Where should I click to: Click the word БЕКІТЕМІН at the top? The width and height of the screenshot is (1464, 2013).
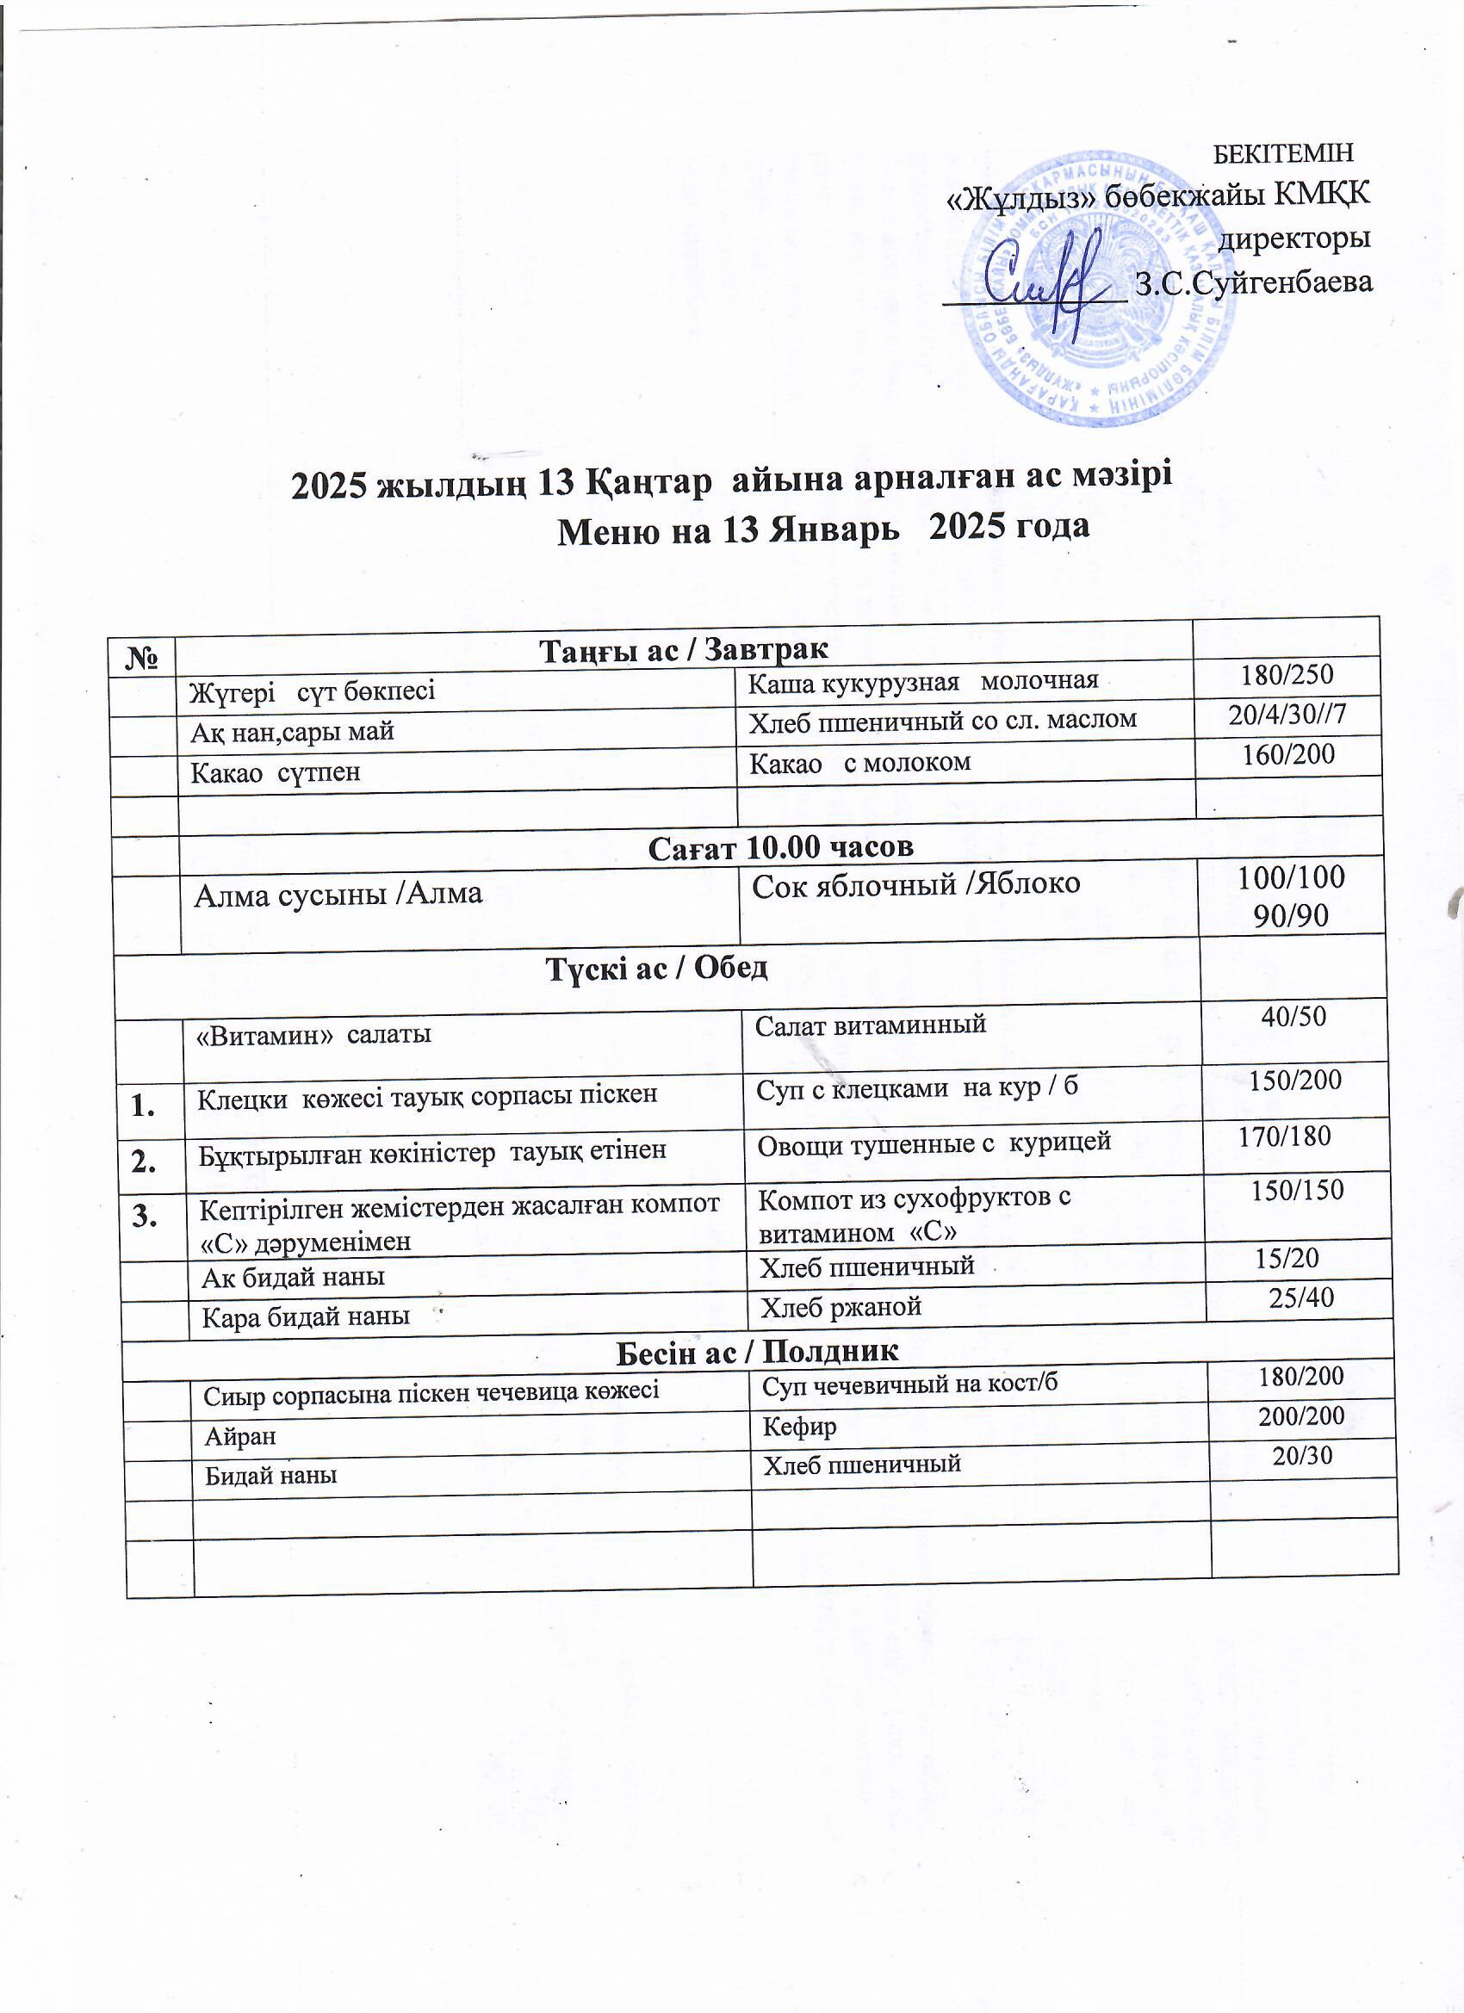(1283, 152)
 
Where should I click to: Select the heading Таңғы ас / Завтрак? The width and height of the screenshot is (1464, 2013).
(683, 650)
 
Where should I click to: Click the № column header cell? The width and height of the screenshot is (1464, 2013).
(142, 658)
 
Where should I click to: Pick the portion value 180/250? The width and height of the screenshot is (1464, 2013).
(1287, 674)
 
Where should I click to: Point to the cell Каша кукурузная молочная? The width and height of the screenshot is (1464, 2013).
(923, 682)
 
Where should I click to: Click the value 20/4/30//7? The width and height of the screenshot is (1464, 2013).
(1287, 715)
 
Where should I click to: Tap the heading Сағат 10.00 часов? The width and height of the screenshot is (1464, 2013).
(780, 847)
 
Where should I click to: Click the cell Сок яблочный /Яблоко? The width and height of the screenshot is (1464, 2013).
(915, 884)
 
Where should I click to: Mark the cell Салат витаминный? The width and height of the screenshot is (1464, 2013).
(870, 1025)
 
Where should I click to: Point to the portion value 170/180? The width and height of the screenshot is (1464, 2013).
(1284, 1137)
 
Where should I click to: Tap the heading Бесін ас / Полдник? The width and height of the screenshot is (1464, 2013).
(756, 1351)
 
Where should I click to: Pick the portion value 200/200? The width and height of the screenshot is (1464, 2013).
(1300, 1415)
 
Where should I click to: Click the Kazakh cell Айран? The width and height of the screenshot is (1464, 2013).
(239, 1436)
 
